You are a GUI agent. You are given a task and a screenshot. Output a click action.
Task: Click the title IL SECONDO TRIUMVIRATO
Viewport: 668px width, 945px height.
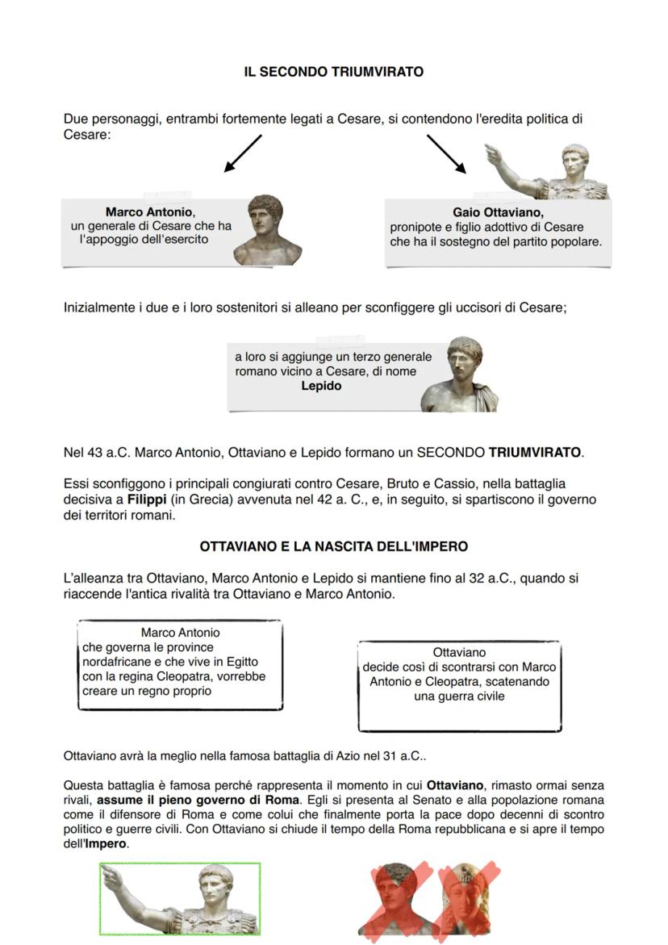point(333,72)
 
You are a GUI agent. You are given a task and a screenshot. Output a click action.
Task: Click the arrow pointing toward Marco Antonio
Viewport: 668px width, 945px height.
point(243,153)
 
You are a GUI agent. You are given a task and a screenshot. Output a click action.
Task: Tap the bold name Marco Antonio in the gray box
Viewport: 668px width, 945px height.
point(150,212)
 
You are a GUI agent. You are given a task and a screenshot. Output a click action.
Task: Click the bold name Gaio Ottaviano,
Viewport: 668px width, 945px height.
point(498,212)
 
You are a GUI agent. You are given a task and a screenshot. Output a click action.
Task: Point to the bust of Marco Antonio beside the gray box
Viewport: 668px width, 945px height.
point(267,231)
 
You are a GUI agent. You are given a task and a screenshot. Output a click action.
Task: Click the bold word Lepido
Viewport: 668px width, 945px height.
point(321,386)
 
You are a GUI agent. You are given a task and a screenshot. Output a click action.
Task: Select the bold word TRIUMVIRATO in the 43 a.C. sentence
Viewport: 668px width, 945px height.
point(534,452)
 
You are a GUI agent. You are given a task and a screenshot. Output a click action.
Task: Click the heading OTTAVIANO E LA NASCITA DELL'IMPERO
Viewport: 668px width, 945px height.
point(333,546)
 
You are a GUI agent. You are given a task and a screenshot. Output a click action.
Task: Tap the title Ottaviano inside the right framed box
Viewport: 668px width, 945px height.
point(459,652)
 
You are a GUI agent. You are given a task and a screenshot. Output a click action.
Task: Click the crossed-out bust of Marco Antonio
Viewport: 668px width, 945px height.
point(395,900)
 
